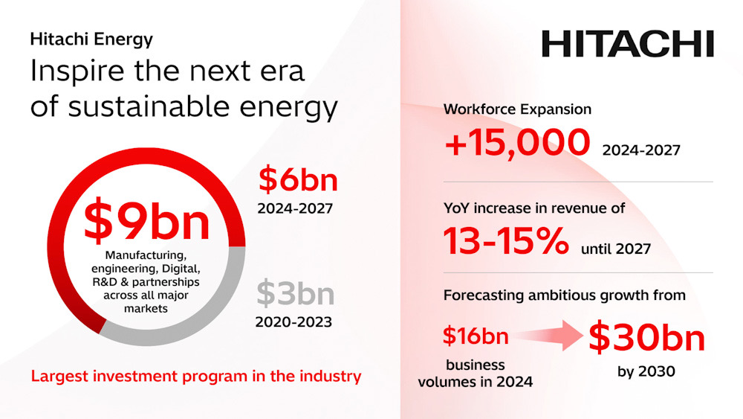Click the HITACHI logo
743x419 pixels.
click(627, 44)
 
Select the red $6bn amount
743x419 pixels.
click(298, 180)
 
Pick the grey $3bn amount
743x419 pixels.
click(296, 294)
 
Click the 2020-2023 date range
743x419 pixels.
click(293, 322)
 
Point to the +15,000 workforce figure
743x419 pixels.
click(517, 142)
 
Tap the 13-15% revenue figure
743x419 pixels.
click(506, 240)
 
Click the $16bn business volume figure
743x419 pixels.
click(476, 336)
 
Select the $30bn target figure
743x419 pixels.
click(647, 337)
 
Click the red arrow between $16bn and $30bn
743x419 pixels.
click(550, 336)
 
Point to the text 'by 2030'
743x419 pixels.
click(646, 371)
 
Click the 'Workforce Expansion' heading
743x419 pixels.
click(517, 109)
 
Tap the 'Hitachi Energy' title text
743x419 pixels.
click(91, 39)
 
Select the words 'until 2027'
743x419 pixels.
click(616, 249)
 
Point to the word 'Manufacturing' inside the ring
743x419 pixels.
click(146, 255)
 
